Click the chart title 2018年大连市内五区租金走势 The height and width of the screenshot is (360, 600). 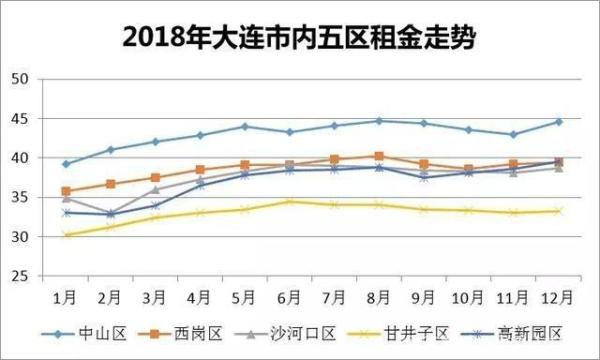[300, 37]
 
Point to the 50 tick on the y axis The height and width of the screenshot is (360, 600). [22, 79]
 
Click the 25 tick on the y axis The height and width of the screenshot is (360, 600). [22, 276]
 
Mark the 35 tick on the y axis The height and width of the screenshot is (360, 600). [22, 197]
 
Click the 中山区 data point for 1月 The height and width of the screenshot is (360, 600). [66, 164]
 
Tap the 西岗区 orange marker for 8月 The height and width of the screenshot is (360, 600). [379, 156]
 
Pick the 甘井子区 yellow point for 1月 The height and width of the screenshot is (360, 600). [66, 235]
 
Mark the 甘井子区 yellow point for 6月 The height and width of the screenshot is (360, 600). [290, 202]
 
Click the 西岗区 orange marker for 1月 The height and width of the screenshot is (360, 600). [66, 191]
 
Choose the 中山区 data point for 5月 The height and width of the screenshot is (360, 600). [245, 127]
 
